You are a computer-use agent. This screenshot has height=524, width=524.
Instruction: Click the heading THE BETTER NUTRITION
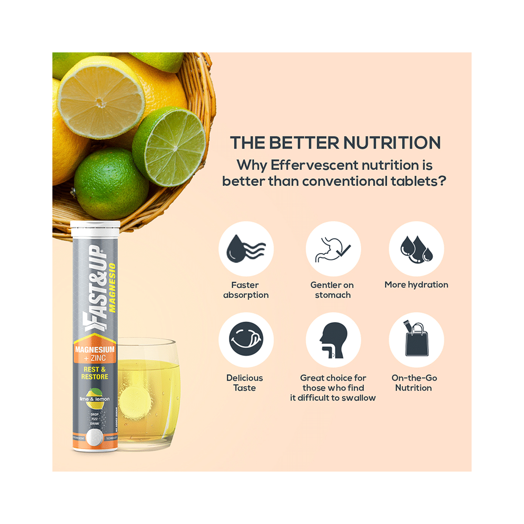tap(336, 143)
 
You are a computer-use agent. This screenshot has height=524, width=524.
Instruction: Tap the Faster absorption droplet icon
tap(246, 248)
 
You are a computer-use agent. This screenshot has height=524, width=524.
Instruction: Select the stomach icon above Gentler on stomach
tap(333, 248)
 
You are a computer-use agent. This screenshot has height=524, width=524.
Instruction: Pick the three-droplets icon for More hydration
tap(416, 248)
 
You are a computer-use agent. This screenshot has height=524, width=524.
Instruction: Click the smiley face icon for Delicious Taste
tap(246, 340)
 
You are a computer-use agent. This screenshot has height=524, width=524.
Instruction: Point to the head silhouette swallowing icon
tap(333, 340)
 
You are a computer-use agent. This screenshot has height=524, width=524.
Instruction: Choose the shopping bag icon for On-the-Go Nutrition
tap(416, 340)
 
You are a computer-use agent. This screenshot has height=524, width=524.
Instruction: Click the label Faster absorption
tap(245, 290)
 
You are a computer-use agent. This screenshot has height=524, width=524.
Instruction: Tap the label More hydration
tap(416, 285)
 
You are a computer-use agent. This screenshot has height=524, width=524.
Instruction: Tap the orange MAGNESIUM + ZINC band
tap(95, 353)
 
